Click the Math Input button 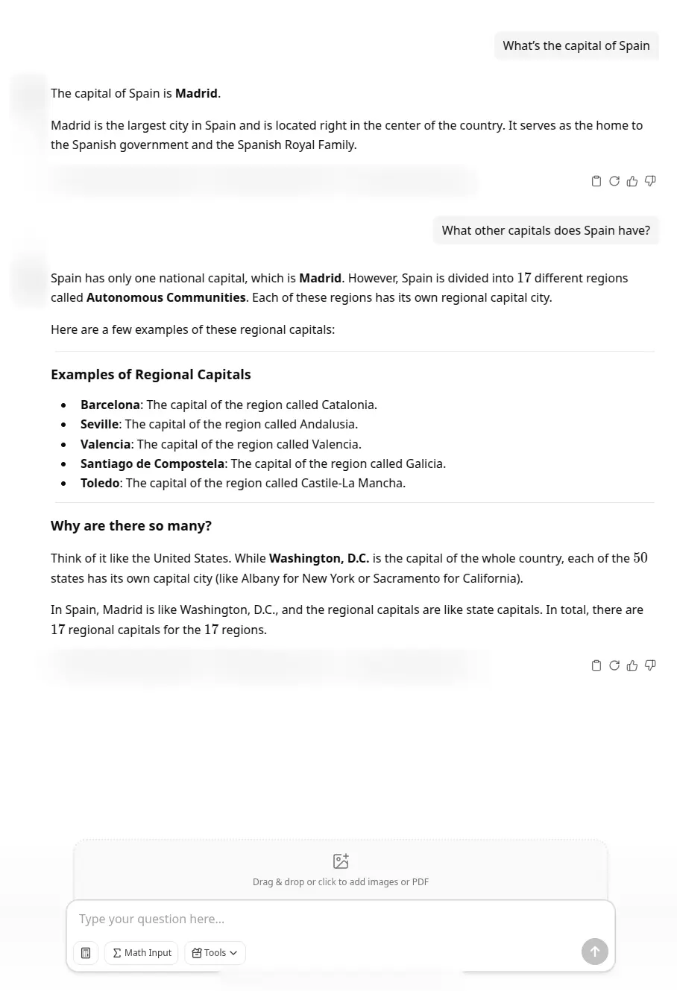click(x=142, y=952)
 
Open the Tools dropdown click(x=215, y=952)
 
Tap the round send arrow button click(x=594, y=952)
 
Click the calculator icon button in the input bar click(x=86, y=952)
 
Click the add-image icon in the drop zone click(x=341, y=861)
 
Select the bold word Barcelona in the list click(x=110, y=405)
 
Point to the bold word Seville click(x=99, y=424)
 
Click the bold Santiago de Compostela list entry click(x=152, y=463)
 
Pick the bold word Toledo click(x=100, y=483)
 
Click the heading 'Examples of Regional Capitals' click(x=151, y=374)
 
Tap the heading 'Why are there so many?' click(x=131, y=525)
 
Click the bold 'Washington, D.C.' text click(x=319, y=558)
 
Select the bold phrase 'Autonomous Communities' click(x=166, y=297)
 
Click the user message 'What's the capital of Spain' click(x=576, y=45)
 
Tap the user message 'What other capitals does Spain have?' click(x=546, y=230)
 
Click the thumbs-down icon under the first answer click(x=650, y=181)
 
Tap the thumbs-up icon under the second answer click(x=632, y=665)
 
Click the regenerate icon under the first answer click(x=614, y=181)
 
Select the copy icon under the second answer click(x=596, y=665)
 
